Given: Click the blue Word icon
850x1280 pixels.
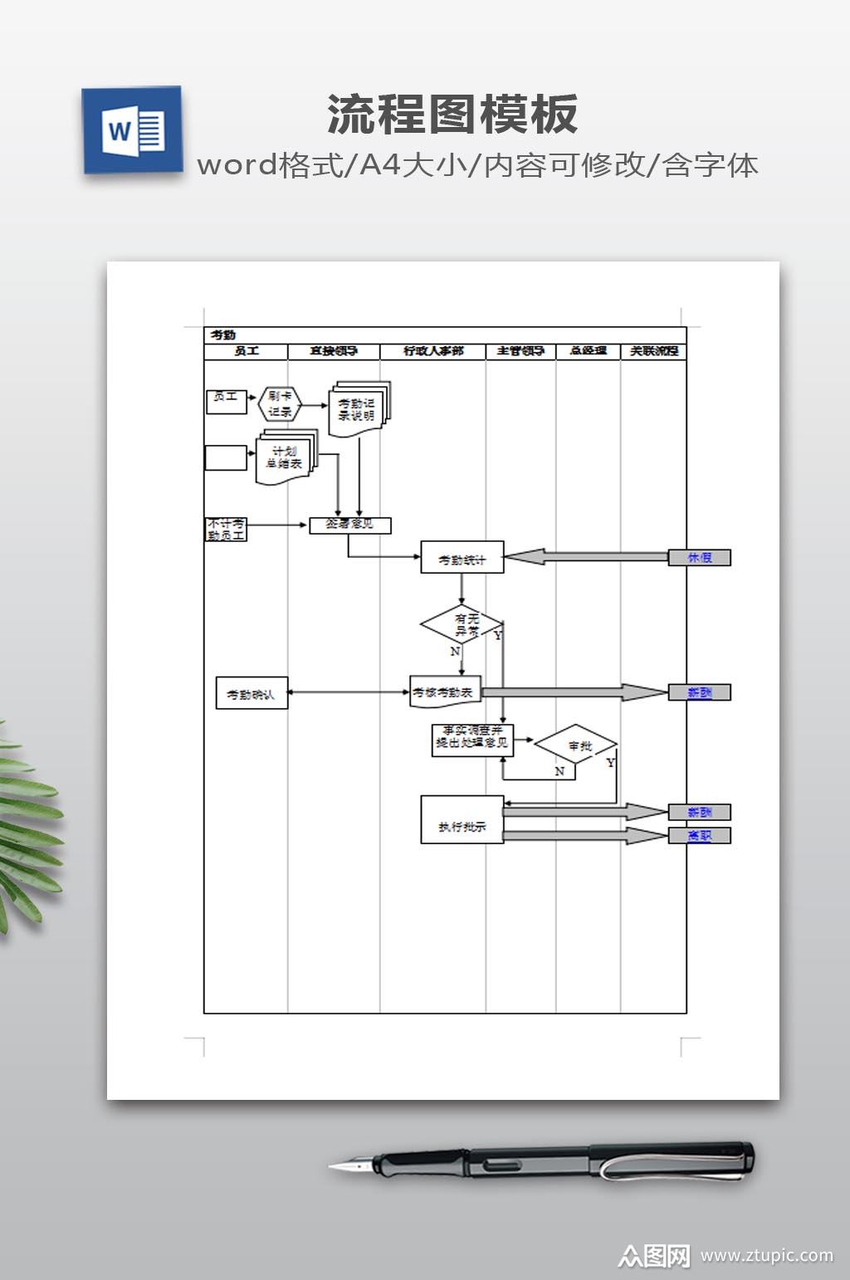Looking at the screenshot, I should (x=132, y=130).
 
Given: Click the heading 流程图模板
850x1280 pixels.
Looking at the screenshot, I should (x=452, y=115).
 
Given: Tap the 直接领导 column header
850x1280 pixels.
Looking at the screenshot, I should (x=334, y=351).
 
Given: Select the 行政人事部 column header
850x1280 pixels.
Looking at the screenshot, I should (x=433, y=351).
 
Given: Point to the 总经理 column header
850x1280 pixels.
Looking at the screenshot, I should (x=588, y=351).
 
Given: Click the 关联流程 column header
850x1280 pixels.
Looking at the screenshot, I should (x=654, y=351).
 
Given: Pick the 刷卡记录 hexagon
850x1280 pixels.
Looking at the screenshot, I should (x=280, y=404).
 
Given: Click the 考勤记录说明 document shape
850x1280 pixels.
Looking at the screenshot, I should (x=358, y=409).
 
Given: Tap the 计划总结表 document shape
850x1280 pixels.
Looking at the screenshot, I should (x=284, y=457).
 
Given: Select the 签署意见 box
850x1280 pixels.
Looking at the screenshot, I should (x=349, y=525).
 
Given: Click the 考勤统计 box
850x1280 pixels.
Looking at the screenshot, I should (x=462, y=559).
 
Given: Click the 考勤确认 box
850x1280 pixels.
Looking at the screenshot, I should (x=251, y=694).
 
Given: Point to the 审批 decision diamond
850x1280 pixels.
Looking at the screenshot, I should (x=576, y=745).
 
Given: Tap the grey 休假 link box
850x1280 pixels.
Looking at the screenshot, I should (x=700, y=558).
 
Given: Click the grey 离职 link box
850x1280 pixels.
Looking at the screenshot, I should (x=700, y=835).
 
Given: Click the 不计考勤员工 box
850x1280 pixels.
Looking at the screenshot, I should (x=226, y=530).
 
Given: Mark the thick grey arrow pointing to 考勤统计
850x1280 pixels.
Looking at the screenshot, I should (x=585, y=557).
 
